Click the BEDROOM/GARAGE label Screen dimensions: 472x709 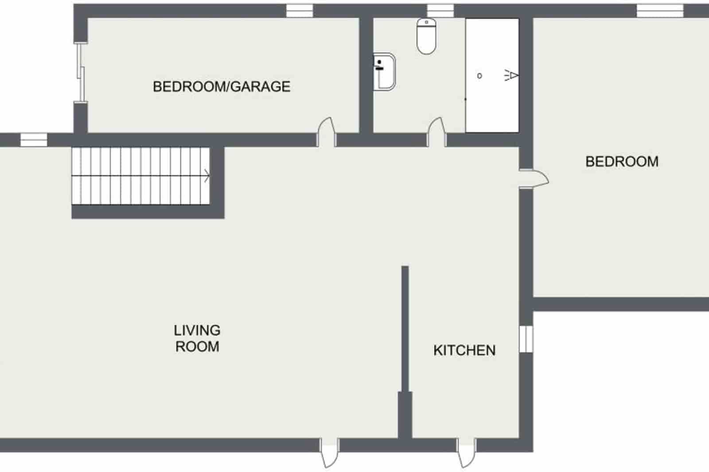[222, 86]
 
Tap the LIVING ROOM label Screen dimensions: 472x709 [197, 338]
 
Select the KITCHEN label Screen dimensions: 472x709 [464, 350]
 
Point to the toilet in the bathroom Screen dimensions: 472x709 [427, 36]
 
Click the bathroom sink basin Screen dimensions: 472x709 [384, 72]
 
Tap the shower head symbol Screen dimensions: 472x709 [511, 76]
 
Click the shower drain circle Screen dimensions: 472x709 [479, 76]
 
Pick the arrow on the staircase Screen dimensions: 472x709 [206, 176]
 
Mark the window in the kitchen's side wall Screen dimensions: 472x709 [526, 339]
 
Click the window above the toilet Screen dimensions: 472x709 [440, 11]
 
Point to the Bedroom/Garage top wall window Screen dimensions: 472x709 [300, 11]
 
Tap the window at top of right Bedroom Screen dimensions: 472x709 [660, 11]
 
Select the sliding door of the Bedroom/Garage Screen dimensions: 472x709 [80, 73]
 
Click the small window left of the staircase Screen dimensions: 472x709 [34, 140]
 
